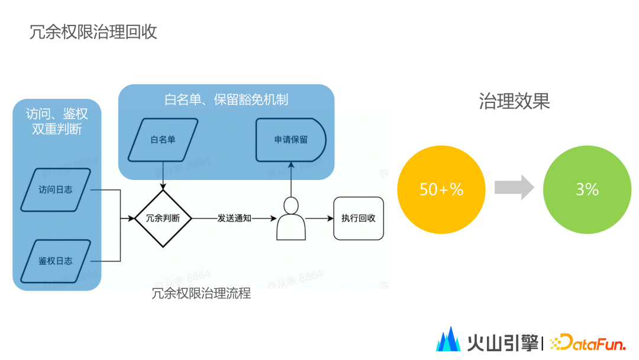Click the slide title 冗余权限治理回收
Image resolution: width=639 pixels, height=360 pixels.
(93, 32)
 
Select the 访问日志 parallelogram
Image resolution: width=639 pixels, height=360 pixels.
(56, 190)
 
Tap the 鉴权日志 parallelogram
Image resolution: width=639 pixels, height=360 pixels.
(56, 261)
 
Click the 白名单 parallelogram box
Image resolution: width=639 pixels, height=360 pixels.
(163, 140)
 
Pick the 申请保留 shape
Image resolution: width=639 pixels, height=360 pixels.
(291, 140)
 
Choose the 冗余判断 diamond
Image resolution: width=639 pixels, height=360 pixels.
(163, 218)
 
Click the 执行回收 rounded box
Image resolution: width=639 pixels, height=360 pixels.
(358, 218)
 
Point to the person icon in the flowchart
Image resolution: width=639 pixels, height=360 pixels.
(291, 218)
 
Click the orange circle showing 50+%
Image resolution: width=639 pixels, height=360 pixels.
(441, 189)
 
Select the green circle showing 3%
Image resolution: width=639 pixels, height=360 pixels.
(587, 189)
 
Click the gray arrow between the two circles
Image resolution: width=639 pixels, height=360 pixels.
(514, 188)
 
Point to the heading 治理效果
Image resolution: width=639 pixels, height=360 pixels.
(514, 101)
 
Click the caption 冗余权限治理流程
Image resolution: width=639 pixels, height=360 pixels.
(201, 293)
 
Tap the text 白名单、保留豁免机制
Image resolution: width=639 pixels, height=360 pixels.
(226, 99)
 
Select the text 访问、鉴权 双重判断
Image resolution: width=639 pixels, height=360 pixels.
(57, 121)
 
